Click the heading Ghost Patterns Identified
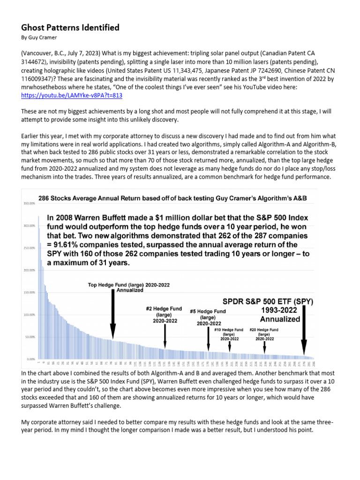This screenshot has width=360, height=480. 70,28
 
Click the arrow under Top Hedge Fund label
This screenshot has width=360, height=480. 113,319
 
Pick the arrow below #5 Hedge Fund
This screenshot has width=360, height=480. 209,339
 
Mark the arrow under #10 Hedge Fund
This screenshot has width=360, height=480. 229,346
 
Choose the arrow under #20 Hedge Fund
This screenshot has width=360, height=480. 265,346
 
